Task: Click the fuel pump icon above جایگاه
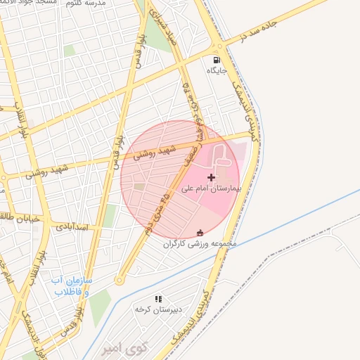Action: (214, 60)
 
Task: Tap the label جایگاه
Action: (214, 70)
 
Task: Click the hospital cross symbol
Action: (211, 177)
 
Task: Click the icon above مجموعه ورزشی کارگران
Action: (201, 233)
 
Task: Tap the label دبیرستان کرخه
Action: (158, 309)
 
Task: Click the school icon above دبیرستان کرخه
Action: (158, 299)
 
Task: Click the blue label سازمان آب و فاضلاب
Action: (71, 285)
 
